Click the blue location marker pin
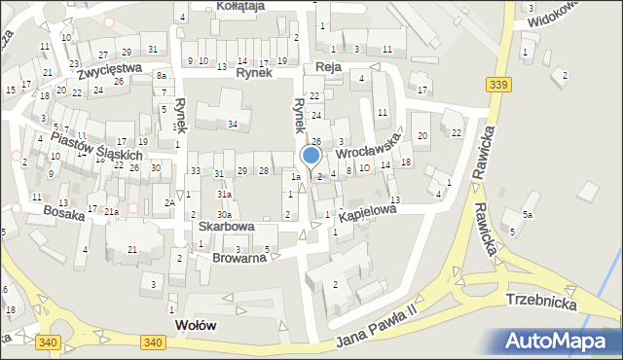(311, 156)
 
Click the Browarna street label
(238, 258)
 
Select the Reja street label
(326, 66)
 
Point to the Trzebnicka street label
(541, 303)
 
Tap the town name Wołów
(194, 324)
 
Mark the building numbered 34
(233, 124)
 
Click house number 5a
(527, 214)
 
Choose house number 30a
(224, 214)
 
